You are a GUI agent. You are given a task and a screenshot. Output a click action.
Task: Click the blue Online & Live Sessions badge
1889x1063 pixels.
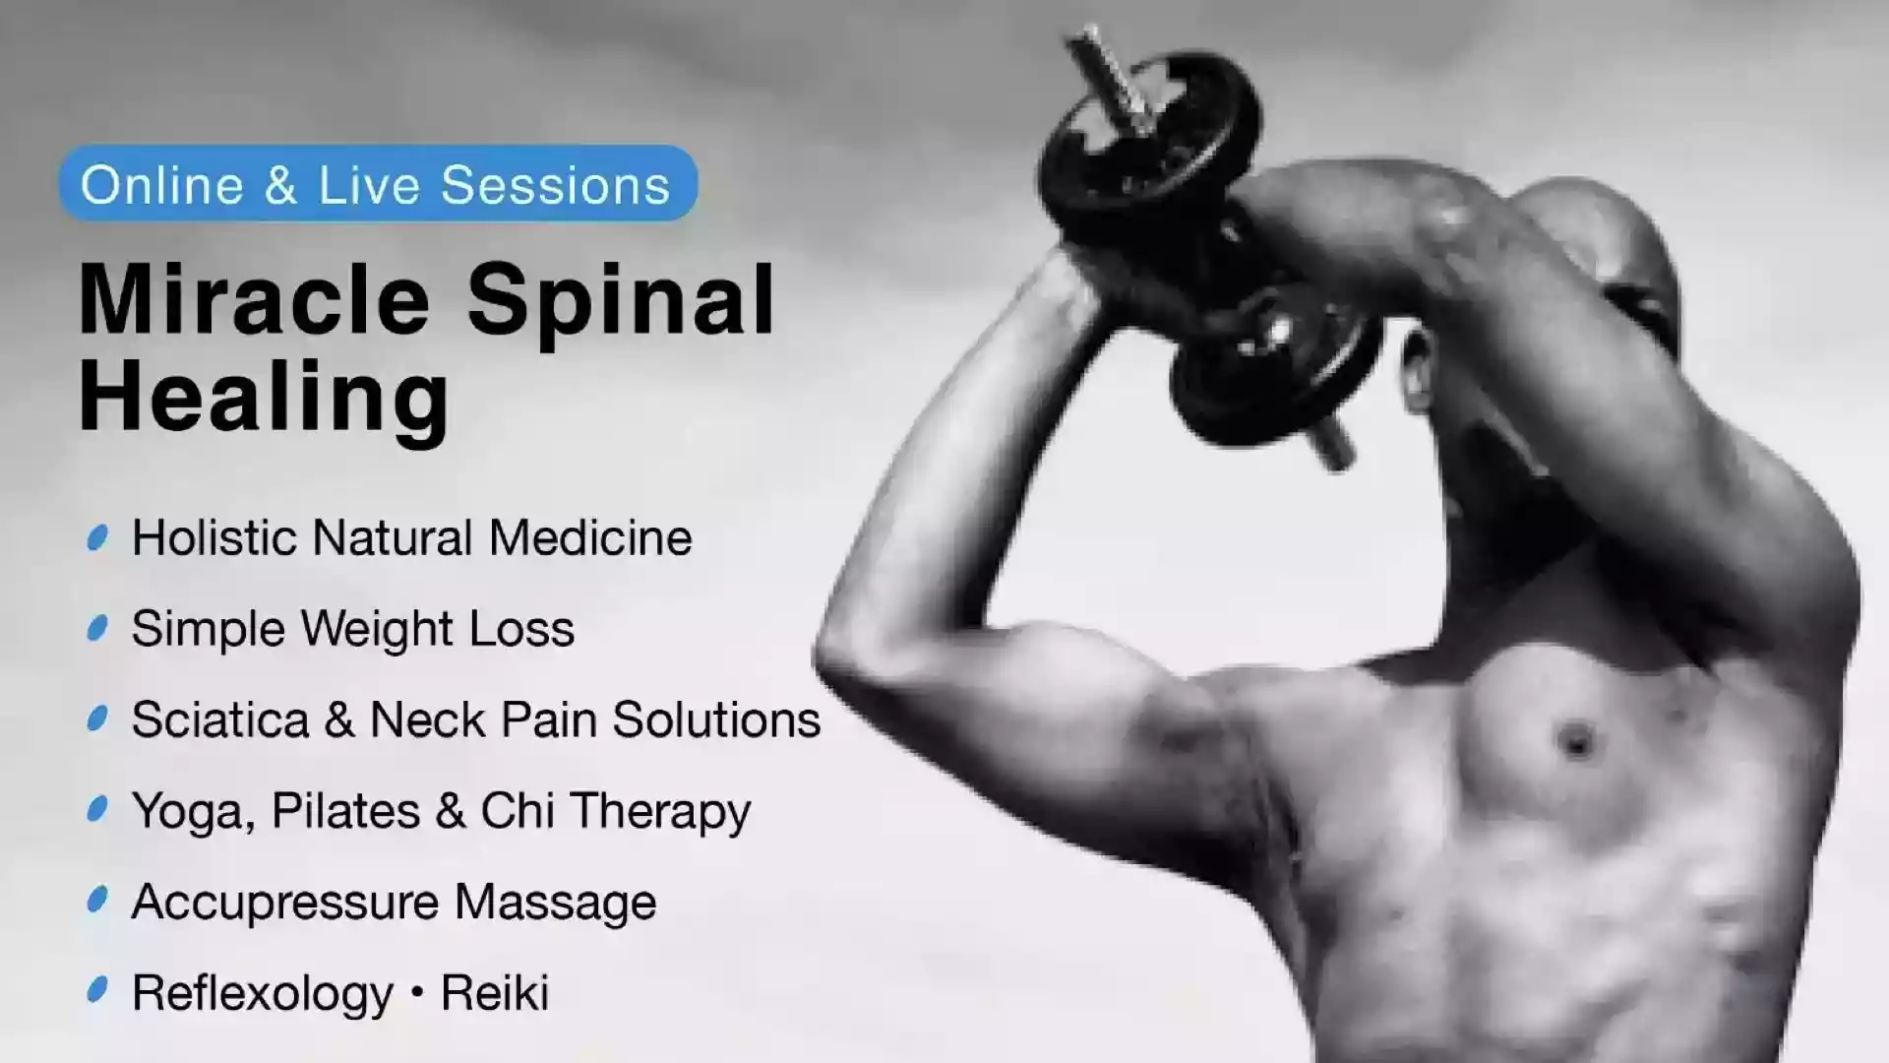378,184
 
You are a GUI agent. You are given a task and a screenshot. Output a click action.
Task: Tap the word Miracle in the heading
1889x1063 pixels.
254,299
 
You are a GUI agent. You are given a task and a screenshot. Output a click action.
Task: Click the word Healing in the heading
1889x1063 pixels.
264,399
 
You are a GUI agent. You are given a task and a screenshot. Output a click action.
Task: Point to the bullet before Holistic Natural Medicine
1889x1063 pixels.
97,537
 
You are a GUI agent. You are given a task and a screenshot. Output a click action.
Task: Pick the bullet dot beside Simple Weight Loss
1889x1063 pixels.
97,628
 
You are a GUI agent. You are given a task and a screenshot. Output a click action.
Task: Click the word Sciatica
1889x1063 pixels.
220,719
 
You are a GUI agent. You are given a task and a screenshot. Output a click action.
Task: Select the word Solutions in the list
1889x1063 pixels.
716,719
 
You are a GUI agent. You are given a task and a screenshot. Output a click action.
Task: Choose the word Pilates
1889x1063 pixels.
344,811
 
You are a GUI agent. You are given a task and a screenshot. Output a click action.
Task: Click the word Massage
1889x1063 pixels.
555,903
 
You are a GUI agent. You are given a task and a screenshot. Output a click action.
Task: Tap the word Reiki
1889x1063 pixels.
494,993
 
